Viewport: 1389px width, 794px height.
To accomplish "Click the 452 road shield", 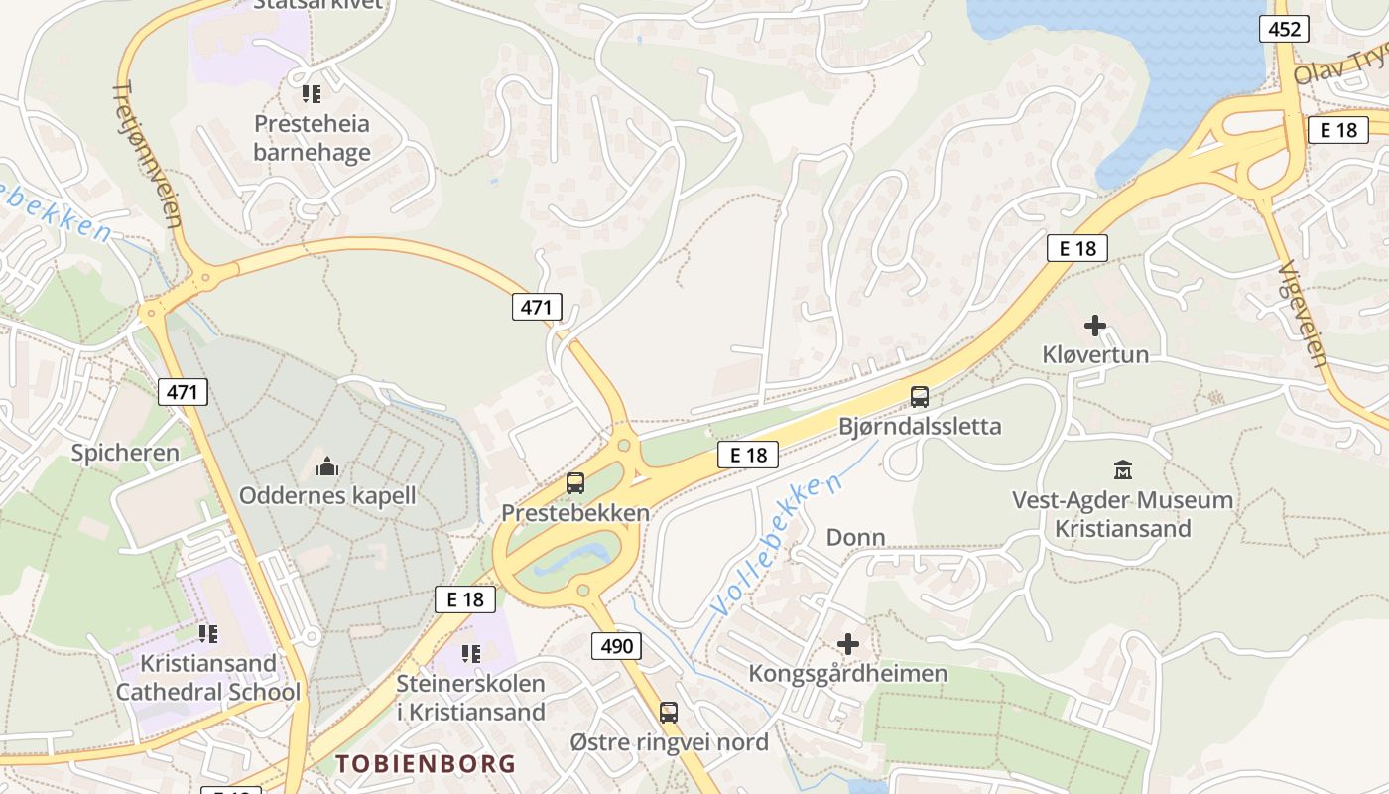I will point(1284,29).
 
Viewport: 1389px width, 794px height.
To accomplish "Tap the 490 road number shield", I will point(616,647).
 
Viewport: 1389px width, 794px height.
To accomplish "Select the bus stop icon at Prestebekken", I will point(575,483).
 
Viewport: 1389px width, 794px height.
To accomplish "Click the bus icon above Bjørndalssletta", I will point(920,397).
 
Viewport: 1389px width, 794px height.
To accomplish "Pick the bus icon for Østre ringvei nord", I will point(669,712).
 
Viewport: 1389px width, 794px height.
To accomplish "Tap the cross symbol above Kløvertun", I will point(1095,326).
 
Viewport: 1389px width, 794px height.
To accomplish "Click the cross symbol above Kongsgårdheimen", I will point(848,644).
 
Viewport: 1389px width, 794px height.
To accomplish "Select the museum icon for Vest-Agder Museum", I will point(1123,469).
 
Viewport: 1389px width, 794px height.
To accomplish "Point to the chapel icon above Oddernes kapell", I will point(327,465).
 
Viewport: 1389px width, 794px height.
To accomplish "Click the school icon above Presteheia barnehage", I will point(312,94).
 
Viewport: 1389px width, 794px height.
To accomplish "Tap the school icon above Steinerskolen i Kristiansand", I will point(471,654).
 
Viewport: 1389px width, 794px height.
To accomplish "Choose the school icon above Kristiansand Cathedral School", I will point(208,633).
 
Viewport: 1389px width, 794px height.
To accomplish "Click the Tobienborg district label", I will point(426,763).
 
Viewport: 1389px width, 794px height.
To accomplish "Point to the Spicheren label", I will point(125,453).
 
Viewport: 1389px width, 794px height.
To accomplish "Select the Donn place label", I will point(855,537).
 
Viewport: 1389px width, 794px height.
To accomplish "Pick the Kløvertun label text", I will point(1095,354).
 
